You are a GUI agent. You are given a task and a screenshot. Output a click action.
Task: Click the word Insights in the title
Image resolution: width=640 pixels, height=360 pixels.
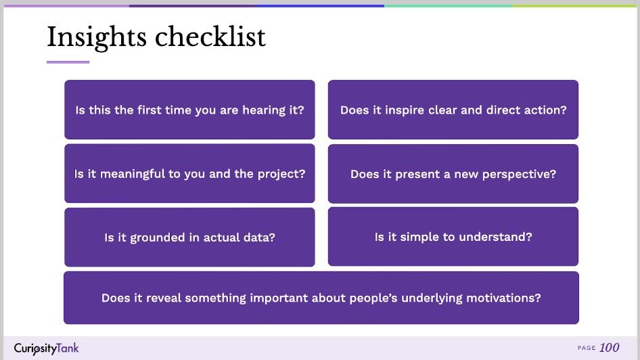97,37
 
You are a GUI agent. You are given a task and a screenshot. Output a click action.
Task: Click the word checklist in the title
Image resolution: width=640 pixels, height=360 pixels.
210,37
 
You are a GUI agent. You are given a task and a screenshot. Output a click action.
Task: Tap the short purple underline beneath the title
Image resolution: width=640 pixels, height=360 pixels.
68,62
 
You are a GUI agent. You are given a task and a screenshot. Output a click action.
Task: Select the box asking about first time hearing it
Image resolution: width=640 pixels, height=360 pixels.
189,110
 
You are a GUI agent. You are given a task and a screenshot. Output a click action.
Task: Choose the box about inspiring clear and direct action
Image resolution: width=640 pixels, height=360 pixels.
453,110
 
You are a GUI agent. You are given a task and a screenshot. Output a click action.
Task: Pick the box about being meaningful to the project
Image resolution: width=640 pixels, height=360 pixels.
189,173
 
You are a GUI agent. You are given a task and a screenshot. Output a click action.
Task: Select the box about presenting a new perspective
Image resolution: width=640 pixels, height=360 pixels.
453,174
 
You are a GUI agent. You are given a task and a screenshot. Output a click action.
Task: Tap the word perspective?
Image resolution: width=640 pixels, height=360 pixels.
519,175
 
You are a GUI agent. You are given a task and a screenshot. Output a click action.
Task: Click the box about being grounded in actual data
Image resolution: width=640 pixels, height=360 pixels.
189,237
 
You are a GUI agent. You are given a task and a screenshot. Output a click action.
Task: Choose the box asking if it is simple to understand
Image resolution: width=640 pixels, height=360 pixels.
453,237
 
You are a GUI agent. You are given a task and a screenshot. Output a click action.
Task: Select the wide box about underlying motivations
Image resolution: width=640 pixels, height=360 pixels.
321,298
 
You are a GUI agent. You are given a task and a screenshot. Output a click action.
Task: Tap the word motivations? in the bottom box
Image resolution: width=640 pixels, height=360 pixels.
503,298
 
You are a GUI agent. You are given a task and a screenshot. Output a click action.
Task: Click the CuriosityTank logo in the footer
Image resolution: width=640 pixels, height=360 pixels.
46,348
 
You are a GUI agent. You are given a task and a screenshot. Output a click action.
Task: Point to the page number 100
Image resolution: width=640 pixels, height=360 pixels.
610,348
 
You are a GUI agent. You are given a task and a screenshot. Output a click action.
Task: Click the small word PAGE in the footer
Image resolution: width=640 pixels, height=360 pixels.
587,348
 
